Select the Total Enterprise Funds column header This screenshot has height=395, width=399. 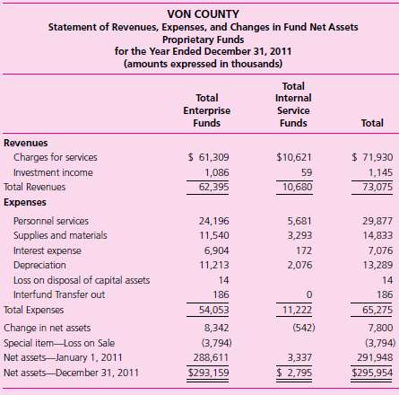click(208, 110)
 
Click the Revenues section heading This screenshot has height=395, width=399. click(27, 142)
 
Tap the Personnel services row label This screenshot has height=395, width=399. click(54, 220)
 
